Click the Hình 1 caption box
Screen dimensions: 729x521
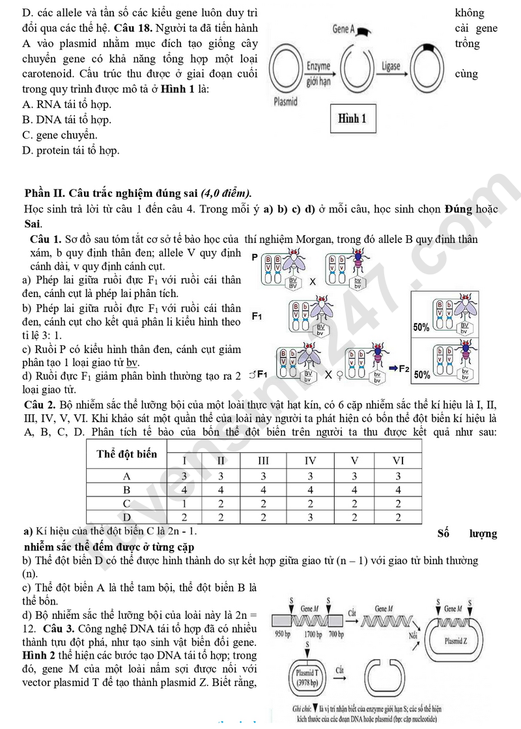coord(352,118)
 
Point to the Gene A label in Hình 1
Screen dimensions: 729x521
coord(343,29)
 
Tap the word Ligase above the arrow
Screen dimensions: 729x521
coord(391,66)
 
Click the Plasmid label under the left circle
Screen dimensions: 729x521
coord(285,102)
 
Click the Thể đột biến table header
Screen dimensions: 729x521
coord(127,454)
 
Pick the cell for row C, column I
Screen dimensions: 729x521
coord(184,504)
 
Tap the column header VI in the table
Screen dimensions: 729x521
coord(398,461)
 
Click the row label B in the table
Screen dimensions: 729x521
coord(127,490)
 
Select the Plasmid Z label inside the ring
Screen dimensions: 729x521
coord(456,640)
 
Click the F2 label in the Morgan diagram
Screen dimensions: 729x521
coord(403,369)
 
